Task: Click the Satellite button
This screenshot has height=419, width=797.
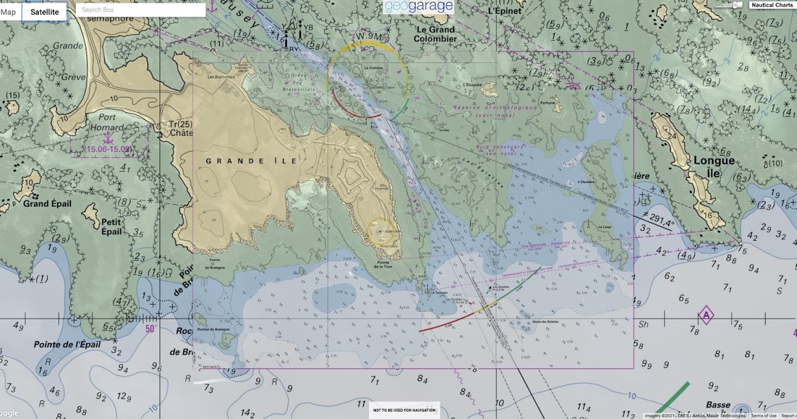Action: tap(44, 12)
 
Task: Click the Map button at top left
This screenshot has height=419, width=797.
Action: tap(9, 12)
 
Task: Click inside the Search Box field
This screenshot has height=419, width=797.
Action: tap(139, 10)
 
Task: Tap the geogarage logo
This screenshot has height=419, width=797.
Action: tap(418, 7)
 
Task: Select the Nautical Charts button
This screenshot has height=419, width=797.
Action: tap(771, 5)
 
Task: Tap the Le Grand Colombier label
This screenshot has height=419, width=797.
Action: tap(436, 34)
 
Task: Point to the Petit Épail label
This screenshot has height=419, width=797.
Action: tap(112, 227)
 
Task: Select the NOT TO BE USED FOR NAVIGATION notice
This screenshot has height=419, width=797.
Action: tap(404, 410)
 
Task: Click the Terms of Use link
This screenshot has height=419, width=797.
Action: tap(763, 416)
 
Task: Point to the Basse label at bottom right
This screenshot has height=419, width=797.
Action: tap(717, 405)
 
